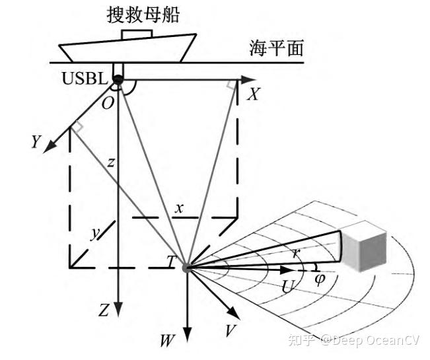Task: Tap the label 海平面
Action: pos(276,48)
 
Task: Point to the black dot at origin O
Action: pos(118,81)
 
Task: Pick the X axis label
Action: pos(252,96)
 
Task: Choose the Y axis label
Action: pos(36,141)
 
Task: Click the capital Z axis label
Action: pos(103,310)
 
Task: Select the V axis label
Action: pos(230,330)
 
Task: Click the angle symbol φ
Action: pos(320,278)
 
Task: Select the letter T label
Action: pos(172,262)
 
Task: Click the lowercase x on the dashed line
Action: pos(179,208)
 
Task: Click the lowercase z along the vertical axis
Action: pos(111,162)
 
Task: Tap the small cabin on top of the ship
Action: pos(137,32)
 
